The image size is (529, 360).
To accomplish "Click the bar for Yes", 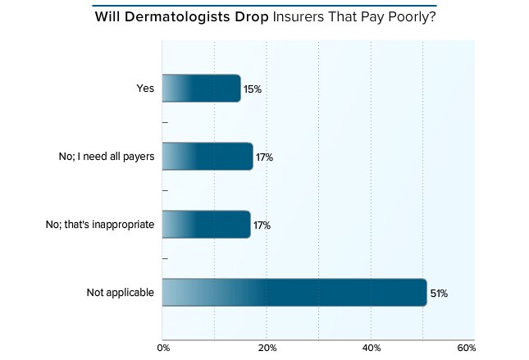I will point(201,88).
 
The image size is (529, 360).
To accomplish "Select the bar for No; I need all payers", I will point(207,156).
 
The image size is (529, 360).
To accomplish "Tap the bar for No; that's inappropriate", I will point(206,224).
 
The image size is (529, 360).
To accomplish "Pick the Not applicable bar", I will point(294,293).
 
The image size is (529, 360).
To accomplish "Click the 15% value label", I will point(253,89).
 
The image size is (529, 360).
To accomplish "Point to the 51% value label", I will point(438,293).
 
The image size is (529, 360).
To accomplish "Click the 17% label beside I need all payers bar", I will point(263,157).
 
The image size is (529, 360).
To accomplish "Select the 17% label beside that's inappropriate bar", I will point(261,225).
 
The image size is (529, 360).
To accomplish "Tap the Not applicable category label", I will point(120,293).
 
